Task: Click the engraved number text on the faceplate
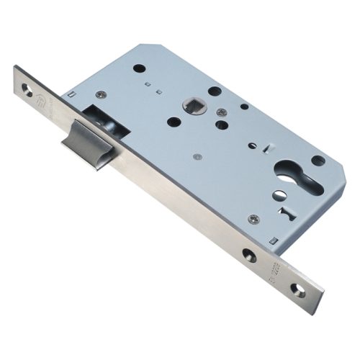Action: [274, 272]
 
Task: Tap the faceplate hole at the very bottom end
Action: [297, 289]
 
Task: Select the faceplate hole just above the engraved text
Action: [248, 255]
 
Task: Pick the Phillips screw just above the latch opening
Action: [100, 95]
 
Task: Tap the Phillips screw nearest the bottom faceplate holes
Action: [253, 219]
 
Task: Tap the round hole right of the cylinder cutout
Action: [317, 160]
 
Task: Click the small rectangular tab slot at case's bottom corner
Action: [273, 239]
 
